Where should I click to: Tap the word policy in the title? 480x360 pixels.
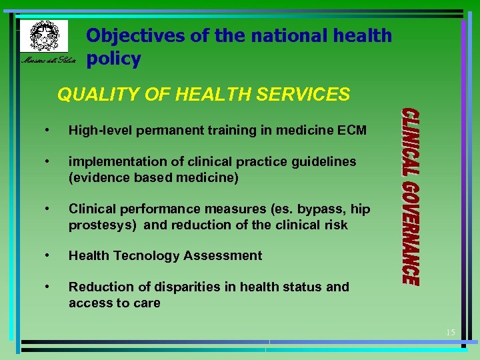113,59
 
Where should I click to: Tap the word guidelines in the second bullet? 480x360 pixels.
325,161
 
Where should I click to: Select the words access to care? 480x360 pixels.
114,303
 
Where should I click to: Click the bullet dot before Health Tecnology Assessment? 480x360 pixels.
47,255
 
